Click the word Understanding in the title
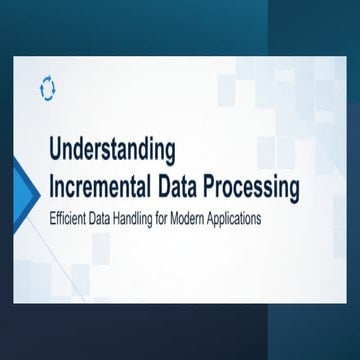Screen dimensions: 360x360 point(111,152)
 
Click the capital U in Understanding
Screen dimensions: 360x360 point(54,152)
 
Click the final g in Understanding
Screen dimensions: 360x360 point(170,155)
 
